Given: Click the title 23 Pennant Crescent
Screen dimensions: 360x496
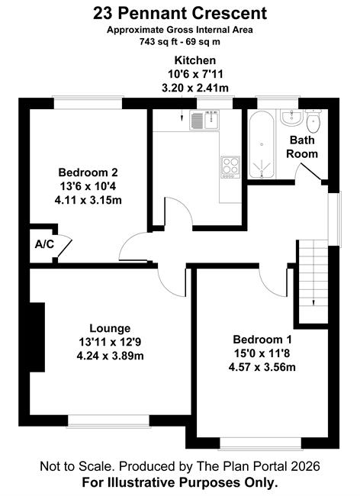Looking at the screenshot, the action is pyautogui.click(x=180, y=14).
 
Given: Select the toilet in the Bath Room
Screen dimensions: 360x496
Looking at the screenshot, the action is pyautogui.click(x=313, y=121).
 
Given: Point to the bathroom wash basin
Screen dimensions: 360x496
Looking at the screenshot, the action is pyautogui.click(x=291, y=117).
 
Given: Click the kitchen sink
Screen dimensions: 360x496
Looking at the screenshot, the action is pyautogui.click(x=204, y=120).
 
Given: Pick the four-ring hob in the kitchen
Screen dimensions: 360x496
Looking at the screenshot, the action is pyautogui.click(x=230, y=167).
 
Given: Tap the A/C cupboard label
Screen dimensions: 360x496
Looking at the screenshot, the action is pyautogui.click(x=44, y=244).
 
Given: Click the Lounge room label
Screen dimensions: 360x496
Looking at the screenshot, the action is pyautogui.click(x=110, y=328).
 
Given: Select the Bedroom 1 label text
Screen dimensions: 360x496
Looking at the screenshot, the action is pyautogui.click(x=262, y=340).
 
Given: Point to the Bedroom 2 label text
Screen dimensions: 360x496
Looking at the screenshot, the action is pyautogui.click(x=88, y=172).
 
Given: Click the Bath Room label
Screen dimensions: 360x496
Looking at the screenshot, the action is pyautogui.click(x=302, y=147).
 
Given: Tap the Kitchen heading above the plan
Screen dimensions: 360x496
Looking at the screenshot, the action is pyautogui.click(x=195, y=60).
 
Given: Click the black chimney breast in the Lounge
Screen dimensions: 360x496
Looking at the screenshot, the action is pyautogui.click(x=37, y=337).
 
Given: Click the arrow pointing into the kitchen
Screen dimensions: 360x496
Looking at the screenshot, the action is pyautogui.click(x=182, y=115).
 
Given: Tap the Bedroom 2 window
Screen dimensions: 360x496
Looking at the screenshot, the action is pyautogui.click(x=88, y=102).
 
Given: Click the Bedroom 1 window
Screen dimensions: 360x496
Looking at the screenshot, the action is pyautogui.click(x=260, y=443).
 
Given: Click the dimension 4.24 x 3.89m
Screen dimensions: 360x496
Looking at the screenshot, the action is pyautogui.click(x=110, y=356).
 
